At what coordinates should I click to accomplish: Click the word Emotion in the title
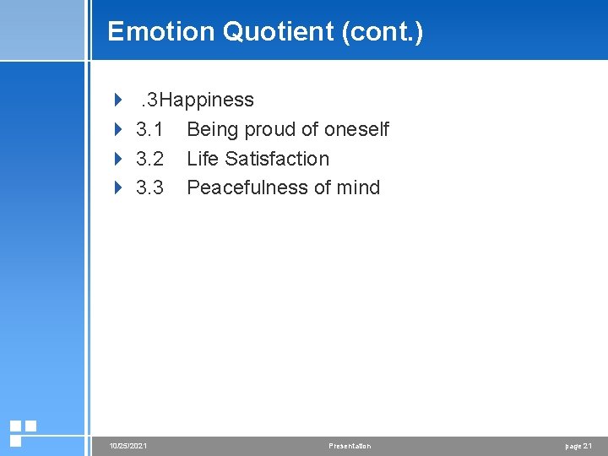pyautogui.click(x=161, y=32)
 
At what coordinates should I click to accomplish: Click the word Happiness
pyautogui.click(x=207, y=100)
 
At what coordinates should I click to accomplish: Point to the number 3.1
pyautogui.click(x=149, y=129)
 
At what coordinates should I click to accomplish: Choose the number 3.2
pyautogui.click(x=149, y=159)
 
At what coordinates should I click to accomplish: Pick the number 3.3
pyautogui.click(x=149, y=187)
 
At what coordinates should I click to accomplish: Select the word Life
pyautogui.click(x=202, y=159)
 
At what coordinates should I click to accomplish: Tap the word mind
pyautogui.click(x=359, y=187)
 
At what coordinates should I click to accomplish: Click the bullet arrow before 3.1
pyautogui.click(x=118, y=129)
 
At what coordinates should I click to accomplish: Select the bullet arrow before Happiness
pyautogui.click(x=118, y=100)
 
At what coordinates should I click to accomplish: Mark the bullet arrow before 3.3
pyautogui.click(x=118, y=187)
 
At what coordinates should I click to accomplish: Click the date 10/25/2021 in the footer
pyautogui.click(x=128, y=446)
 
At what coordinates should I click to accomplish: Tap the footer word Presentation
pyautogui.click(x=350, y=446)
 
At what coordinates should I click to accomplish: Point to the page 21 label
pyautogui.click(x=578, y=446)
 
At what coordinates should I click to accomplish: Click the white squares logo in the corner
pyautogui.click(x=23, y=432)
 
